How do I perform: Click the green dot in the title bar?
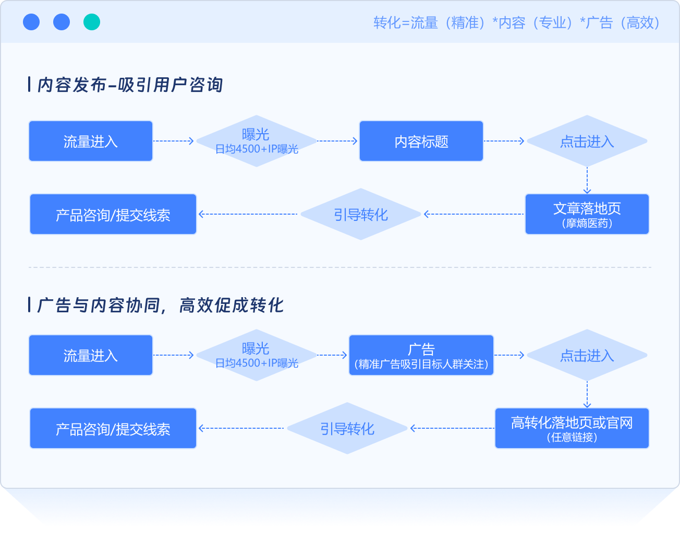click(x=92, y=22)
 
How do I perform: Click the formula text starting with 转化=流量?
click(x=516, y=23)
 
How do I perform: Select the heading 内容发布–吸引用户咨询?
click(x=130, y=85)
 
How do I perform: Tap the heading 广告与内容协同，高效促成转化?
click(x=160, y=305)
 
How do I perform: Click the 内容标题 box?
click(x=421, y=141)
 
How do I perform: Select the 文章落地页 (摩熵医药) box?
click(x=587, y=214)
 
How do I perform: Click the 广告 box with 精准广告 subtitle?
click(x=421, y=355)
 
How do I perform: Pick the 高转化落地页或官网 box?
click(x=572, y=428)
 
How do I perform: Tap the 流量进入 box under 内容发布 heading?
click(x=91, y=141)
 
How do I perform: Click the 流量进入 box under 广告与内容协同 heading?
click(x=91, y=355)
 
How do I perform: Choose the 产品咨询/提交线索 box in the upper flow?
click(x=113, y=214)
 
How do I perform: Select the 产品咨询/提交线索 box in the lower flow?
click(x=113, y=428)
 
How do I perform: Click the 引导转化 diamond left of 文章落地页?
click(x=361, y=214)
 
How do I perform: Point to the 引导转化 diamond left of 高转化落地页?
click(x=347, y=428)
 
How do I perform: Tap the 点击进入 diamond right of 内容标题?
click(x=587, y=141)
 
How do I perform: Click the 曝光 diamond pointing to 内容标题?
click(x=256, y=141)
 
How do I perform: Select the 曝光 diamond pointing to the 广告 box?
click(x=256, y=355)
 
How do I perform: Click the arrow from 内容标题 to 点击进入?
click(x=504, y=141)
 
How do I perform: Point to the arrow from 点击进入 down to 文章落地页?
click(x=587, y=180)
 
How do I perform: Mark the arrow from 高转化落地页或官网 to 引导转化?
click(x=452, y=428)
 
